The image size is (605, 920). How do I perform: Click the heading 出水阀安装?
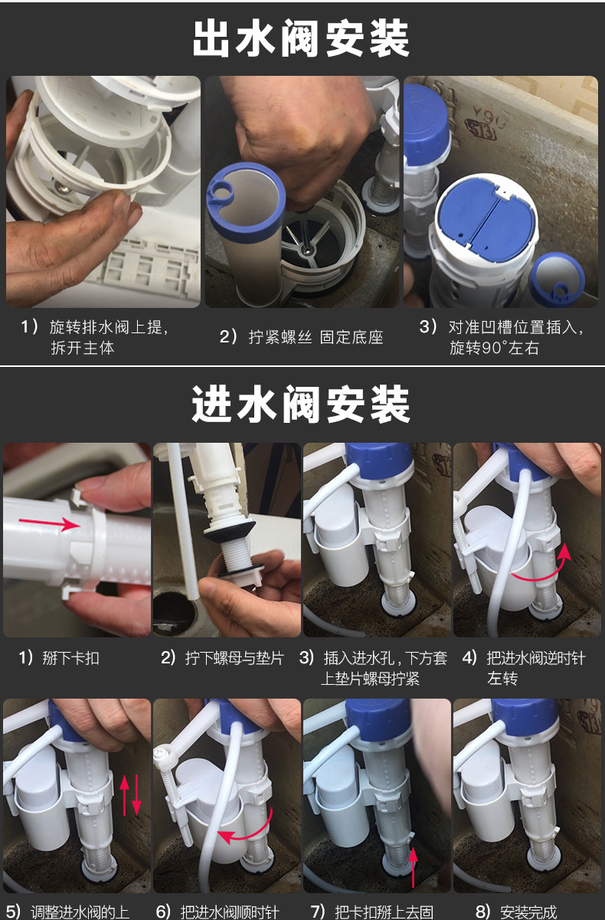[x=301, y=39]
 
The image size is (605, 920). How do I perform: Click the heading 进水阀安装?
[x=301, y=404]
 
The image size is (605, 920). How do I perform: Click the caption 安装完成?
[x=528, y=912]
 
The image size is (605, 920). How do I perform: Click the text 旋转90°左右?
[x=495, y=348]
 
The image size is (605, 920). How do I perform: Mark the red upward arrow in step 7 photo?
[x=413, y=862]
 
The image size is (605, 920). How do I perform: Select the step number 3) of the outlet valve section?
[x=428, y=327]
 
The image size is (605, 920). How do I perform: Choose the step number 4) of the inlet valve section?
[x=470, y=658]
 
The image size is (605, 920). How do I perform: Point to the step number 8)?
[x=482, y=912]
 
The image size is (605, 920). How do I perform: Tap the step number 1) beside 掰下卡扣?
[x=27, y=658]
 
